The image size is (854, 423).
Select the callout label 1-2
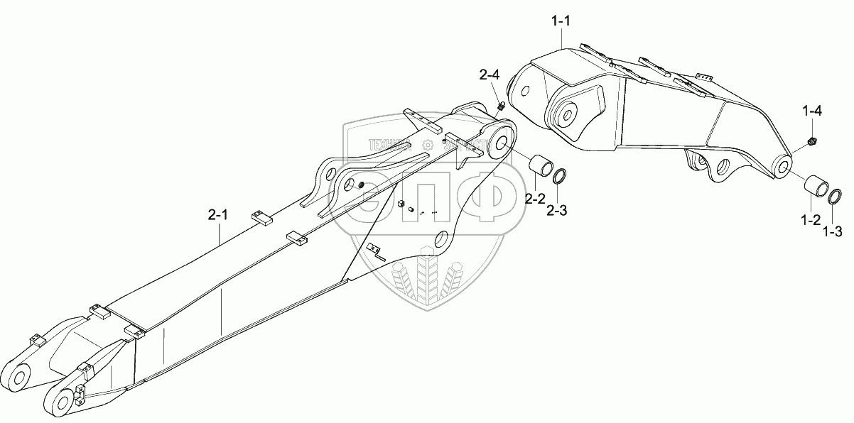point(811,221)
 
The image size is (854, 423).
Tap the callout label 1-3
point(833,231)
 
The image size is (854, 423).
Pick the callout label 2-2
point(535,199)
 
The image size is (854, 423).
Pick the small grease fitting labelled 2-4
point(500,106)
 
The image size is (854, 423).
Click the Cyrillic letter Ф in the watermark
point(478,199)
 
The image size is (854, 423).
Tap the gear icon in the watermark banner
point(426,144)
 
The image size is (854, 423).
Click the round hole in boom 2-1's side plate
point(441,240)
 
